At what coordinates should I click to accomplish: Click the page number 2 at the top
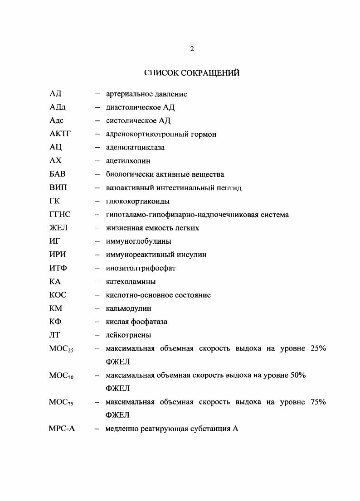192,49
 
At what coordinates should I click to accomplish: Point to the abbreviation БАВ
58,174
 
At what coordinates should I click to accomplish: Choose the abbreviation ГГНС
60,215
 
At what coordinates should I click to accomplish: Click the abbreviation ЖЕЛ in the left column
58,228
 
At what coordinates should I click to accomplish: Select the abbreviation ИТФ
58,268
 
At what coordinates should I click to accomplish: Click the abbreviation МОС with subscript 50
61,376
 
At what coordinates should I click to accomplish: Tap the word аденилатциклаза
135,148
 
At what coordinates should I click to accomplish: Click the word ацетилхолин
128,161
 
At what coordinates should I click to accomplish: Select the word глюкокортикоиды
138,201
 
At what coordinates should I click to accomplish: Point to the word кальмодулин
128,308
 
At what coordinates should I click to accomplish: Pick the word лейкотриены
128,335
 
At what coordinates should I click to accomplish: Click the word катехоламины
131,282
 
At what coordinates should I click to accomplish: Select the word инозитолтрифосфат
141,268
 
